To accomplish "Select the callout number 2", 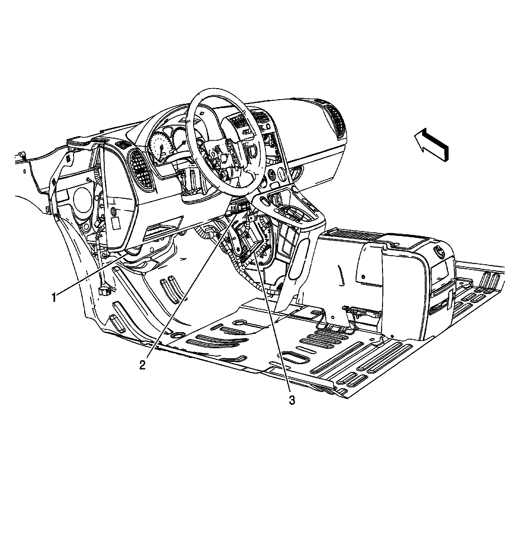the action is (142, 365).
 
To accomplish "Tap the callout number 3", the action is (292, 400).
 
